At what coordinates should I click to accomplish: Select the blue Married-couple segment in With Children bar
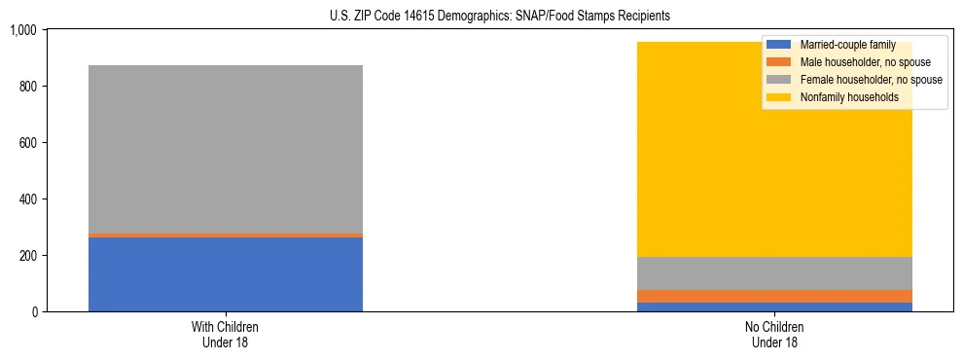[225, 274]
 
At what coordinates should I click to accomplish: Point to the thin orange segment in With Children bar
[225, 235]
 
